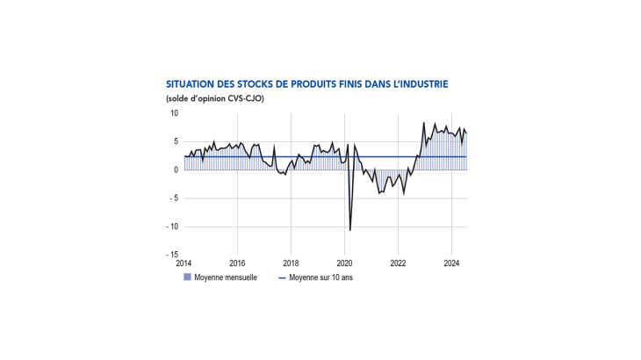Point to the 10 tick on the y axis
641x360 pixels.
click(x=174, y=113)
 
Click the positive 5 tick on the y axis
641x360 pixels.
click(x=176, y=141)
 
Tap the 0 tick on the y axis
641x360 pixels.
click(x=176, y=169)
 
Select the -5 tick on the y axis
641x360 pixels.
click(x=174, y=198)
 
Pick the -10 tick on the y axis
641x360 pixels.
click(x=172, y=227)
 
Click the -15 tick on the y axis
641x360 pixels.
click(x=172, y=255)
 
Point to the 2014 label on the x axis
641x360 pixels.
click(x=184, y=263)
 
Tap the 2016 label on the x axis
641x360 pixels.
click(x=237, y=263)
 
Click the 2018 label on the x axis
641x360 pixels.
click(x=291, y=263)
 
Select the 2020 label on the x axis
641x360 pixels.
click(x=344, y=263)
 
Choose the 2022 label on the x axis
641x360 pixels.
click(x=398, y=263)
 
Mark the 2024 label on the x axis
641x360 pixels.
click(x=451, y=263)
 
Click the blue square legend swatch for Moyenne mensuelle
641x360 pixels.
click(x=186, y=277)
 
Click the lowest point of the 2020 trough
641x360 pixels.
click(x=350, y=230)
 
